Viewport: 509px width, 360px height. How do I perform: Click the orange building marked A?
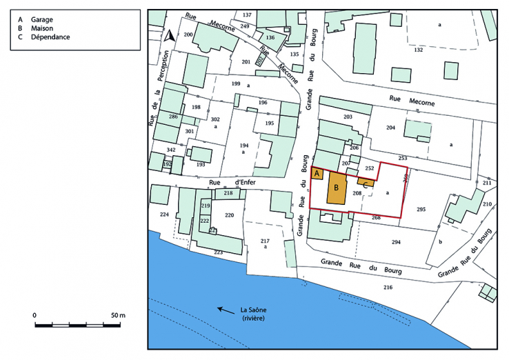[318, 174]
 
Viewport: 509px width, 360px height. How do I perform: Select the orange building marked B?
[336, 188]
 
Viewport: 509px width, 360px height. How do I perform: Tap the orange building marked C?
[366, 183]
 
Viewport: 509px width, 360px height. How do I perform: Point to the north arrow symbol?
[169, 36]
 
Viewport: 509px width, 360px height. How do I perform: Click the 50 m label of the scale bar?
[118, 315]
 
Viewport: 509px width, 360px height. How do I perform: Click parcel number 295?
[421, 208]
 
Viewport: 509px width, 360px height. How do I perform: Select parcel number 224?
[164, 215]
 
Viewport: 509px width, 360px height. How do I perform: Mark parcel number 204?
[390, 128]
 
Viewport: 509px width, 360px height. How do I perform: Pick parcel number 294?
[396, 242]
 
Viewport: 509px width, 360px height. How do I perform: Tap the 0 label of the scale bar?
[34, 315]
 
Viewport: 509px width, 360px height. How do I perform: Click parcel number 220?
[230, 215]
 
